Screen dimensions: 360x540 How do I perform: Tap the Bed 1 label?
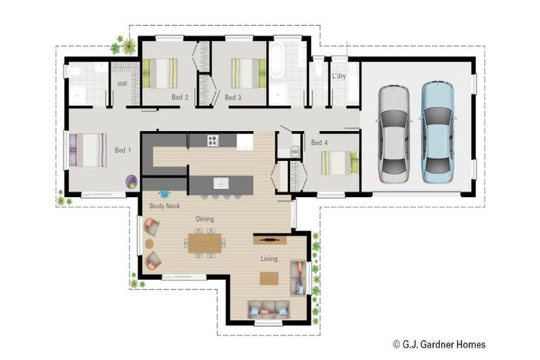click(123, 150)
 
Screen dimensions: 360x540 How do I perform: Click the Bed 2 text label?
click(179, 98)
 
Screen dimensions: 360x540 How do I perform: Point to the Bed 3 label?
click(233, 98)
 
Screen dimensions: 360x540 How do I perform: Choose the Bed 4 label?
click(320, 143)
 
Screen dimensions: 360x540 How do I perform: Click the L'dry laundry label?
click(339, 76)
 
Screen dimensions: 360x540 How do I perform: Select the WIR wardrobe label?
click(122, 84)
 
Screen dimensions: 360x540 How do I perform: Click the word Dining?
click(205, 219)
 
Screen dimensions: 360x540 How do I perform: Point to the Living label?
click(269, 259)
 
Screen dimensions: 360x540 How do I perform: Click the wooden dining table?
click(205, 243)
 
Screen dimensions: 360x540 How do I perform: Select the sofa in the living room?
click(268, 307)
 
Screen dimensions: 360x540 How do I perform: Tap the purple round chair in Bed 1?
click(131, 181)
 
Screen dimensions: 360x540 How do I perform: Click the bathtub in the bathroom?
click(276, 60)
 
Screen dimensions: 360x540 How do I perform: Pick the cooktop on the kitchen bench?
click(213, 141)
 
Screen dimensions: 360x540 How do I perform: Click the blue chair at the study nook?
click(165, 193)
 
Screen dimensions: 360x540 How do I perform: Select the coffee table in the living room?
click(269, 278)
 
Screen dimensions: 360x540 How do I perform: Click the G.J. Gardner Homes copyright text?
click(439, 345)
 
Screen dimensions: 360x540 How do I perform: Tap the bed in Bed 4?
click(339, 162)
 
